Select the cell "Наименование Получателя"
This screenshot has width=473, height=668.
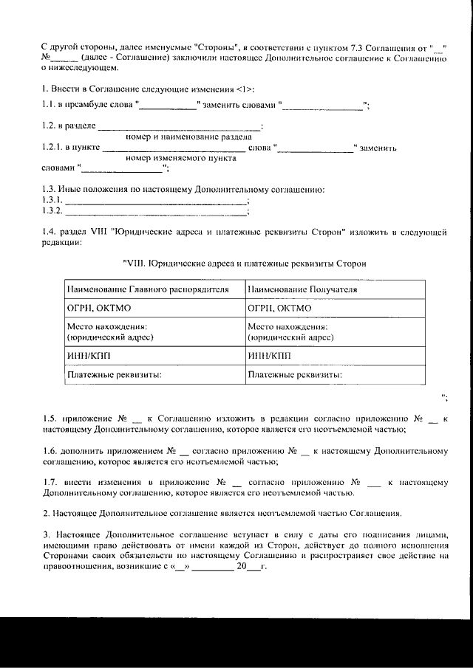tap(336, 289)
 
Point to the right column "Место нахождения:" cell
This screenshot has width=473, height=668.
tap(336, 331)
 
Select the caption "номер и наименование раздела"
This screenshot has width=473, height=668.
tap(188, 137)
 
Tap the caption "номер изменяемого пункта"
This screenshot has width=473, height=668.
tap(181, 158)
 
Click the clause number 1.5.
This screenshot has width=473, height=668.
tap(48, 419)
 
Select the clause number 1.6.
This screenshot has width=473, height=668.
tap(48, 450)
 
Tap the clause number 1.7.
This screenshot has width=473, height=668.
tap(48, 482)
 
